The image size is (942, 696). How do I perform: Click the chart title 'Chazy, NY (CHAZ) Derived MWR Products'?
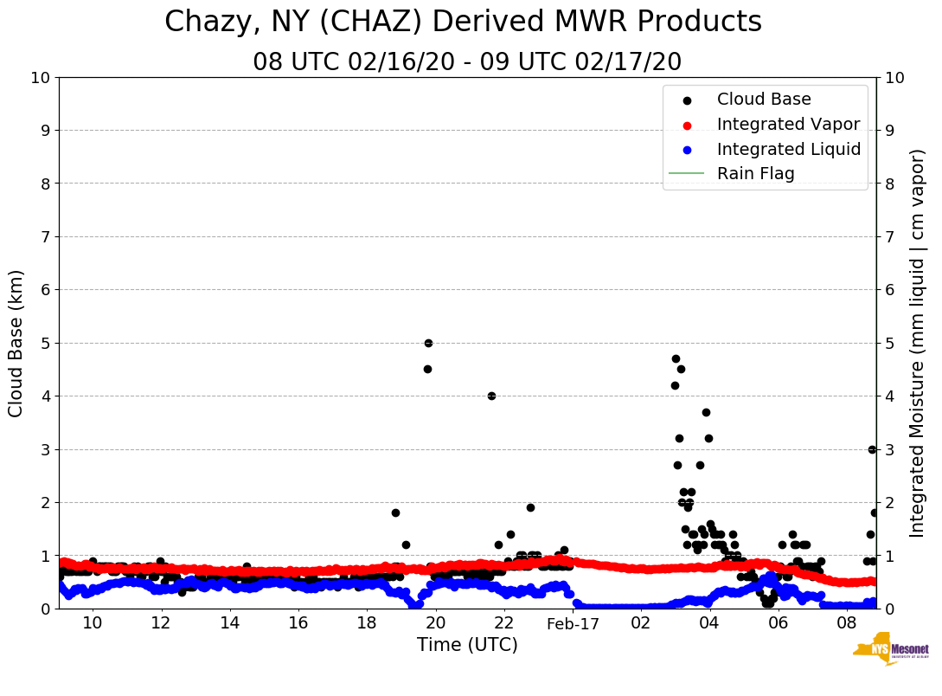pos(463,22)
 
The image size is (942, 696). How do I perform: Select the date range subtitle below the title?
pos(467,62)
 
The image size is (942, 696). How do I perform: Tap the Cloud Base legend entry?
pos(764,100)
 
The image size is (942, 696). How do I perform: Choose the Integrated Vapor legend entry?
pos(788,125)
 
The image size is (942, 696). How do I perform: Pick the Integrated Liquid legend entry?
pos(788,149)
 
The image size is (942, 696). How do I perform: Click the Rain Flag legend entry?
pos(755,173)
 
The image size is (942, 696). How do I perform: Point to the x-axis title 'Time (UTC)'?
pos(467,645)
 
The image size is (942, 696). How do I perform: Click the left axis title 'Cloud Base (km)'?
pos(16,343)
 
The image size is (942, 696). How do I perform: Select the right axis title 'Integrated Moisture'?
pos(918,343)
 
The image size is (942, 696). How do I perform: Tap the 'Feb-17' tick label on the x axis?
pos(573,623)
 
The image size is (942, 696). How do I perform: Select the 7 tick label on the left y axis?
pos(44,236)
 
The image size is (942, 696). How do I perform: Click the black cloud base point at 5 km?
pos(428,343)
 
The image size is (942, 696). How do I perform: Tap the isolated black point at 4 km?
pos(491,396)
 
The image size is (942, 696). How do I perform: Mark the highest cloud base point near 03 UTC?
pos(676,358)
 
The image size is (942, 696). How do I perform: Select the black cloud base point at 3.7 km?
pos(706,412)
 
